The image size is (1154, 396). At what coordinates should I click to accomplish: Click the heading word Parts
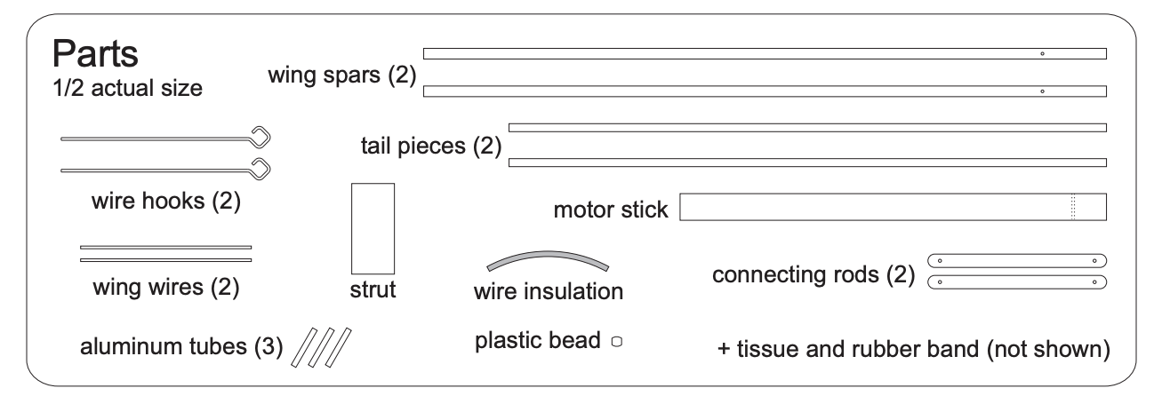(96, 55)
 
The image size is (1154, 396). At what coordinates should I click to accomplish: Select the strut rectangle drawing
(373, 228)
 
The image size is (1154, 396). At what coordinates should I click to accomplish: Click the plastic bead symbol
(614, 340)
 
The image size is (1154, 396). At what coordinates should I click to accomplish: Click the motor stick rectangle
(893, 207)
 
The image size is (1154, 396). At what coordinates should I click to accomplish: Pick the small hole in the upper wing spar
(1042, 53)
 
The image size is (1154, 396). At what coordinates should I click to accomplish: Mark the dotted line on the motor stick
(1073, 207)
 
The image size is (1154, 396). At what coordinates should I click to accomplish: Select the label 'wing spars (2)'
(342, 76)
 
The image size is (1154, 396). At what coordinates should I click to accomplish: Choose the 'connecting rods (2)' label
(813, 274)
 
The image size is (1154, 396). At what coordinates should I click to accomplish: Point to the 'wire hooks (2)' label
(166, 202)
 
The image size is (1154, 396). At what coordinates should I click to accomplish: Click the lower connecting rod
(1016, 282)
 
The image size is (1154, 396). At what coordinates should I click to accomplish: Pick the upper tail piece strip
(806, 128)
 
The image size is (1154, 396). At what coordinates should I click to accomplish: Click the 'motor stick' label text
(610, 211)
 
